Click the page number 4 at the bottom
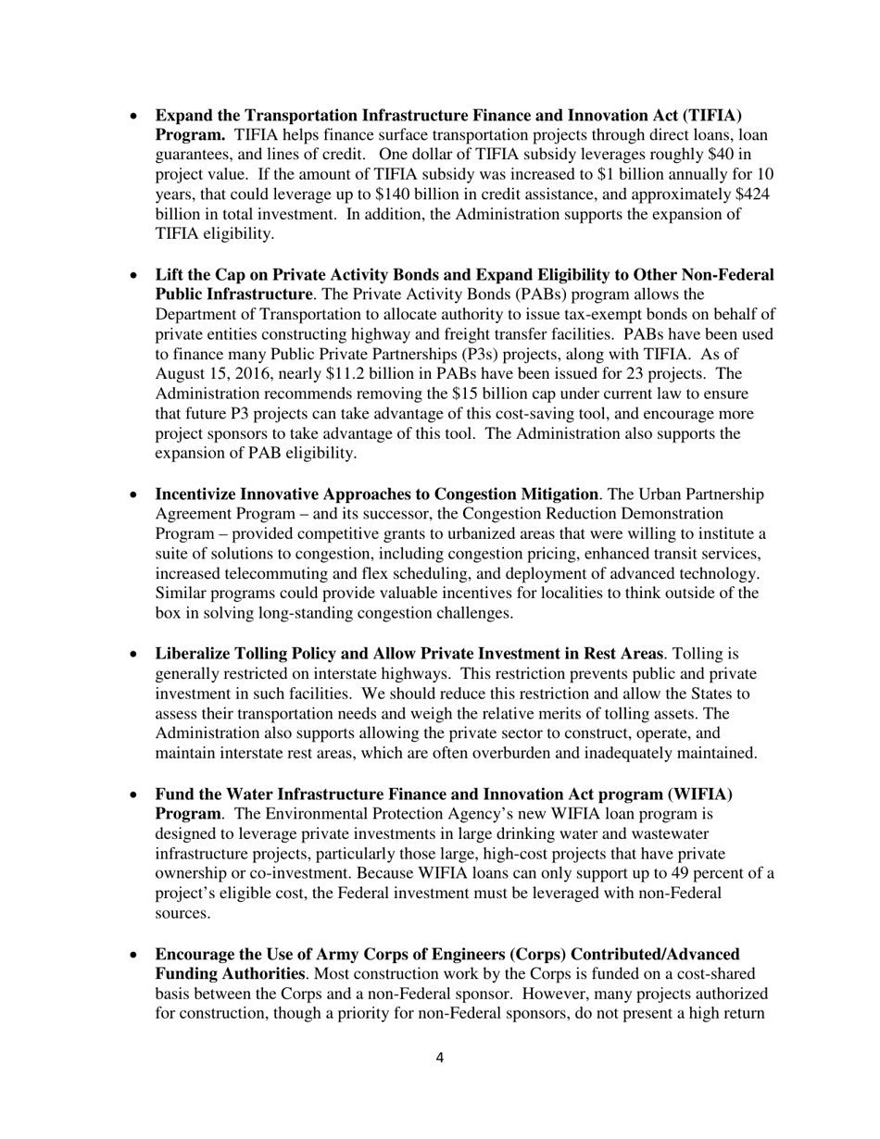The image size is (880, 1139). tap(439, 1058)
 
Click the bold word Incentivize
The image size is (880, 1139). tap(201, 494)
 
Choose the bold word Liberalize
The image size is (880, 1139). tap(194, 654)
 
